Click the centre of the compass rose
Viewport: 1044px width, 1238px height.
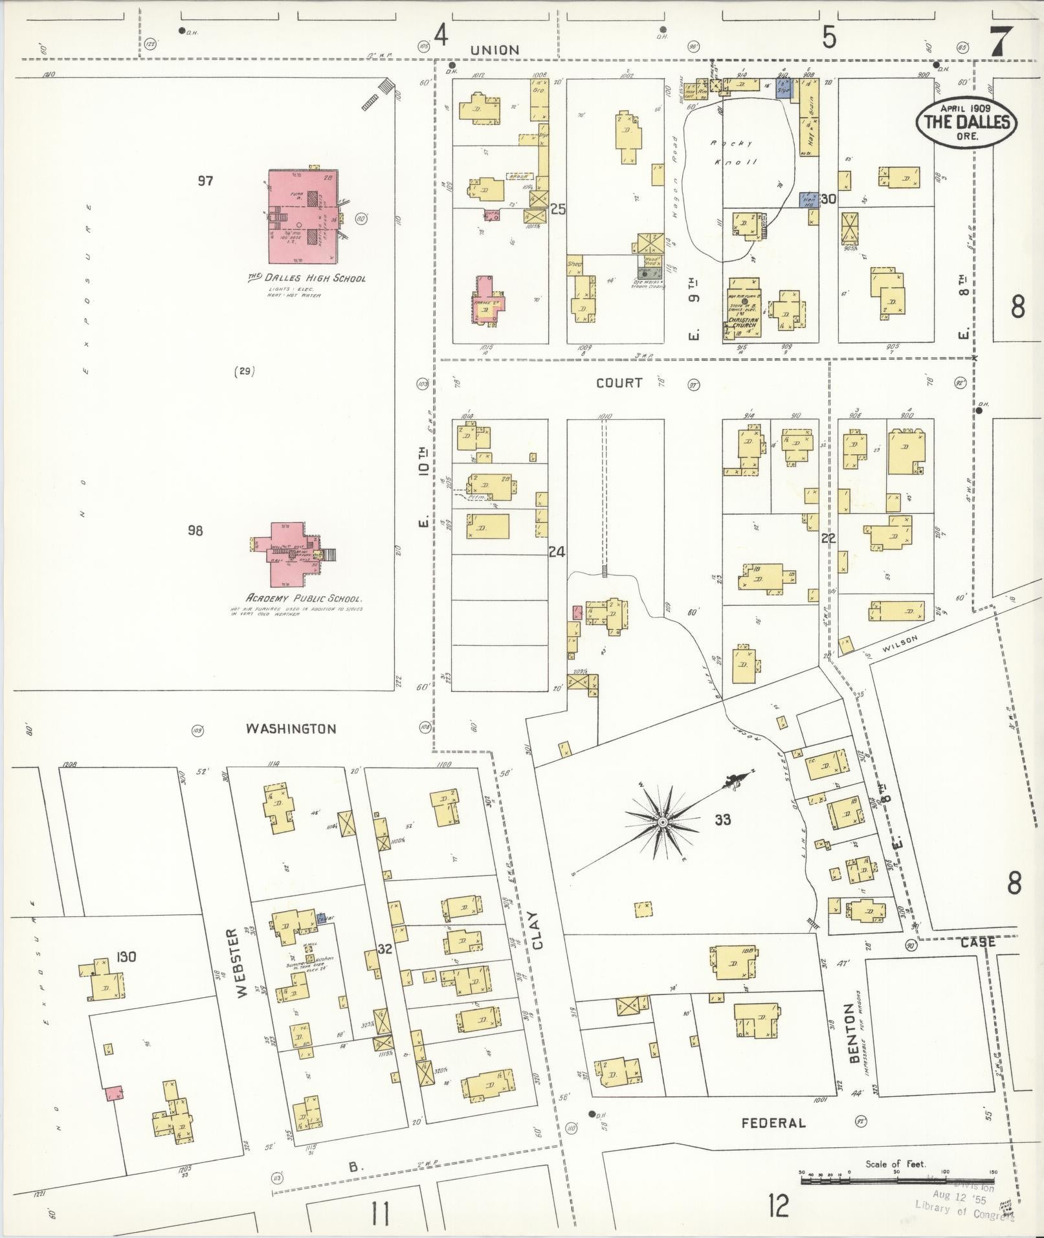click(x=662, y=822)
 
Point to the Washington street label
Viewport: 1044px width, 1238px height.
click(x=291, y=729)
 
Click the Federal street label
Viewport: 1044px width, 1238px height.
click(x=773, y=1123)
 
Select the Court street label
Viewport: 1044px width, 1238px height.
click(x=619, y=382)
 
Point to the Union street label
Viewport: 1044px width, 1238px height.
click(x=494, y=50)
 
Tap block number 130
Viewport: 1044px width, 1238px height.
click(x=126, y=956)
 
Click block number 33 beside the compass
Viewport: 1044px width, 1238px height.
click(x=722, y=820)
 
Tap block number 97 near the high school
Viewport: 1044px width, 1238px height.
click(x=205, y=181)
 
